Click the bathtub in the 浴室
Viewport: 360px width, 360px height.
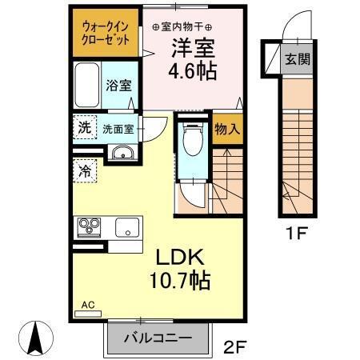pyautogui.click(x=86, y=85)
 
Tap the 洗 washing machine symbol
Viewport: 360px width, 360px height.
pyautogui.click(x=84, y=127)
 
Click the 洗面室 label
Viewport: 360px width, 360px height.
pyautogui.click(x=117, y=128)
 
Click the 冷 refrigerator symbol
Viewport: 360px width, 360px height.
pyautogui.click(x=84, y=170)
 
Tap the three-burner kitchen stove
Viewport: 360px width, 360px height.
pyautogui.click(x=88, y=227)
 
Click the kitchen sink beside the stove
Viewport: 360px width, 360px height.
pyautogui.click(x=127, y=227)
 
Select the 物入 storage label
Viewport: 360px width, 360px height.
pyautogui.click(x=227, y=128)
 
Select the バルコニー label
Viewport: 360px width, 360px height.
pyautogui.click(x=158, y=338)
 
